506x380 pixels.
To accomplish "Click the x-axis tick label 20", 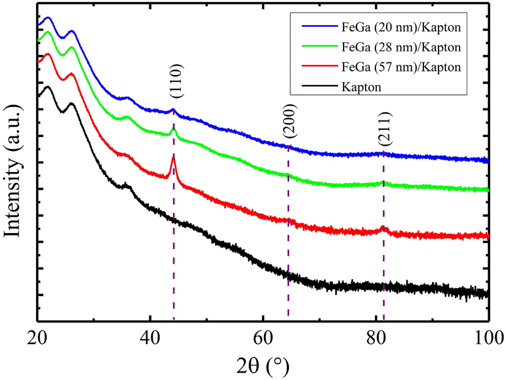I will (x=37, y=336).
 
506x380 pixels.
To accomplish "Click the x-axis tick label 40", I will (x=150, y=336).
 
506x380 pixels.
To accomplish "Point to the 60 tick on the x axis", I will (x=263, y=336).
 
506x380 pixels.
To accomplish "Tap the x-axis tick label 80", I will (x=376, y=336).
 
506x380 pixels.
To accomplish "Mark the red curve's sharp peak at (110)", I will (x=173, y=158).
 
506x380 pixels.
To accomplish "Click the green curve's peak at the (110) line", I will (x=173, y=129).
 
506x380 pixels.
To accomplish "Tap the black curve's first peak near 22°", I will (x=47, y=87).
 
